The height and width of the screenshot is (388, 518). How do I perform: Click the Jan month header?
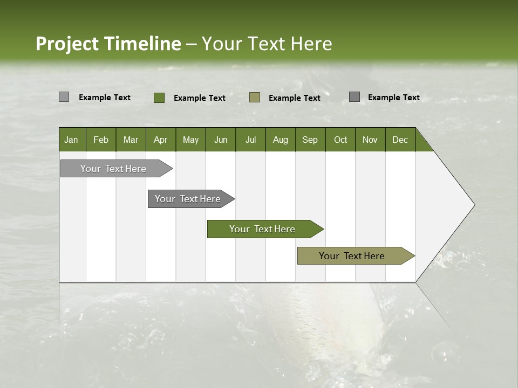(x=71, y=140)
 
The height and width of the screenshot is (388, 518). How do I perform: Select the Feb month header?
(x=101, y=140)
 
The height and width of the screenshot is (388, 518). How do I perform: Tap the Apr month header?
(x=160, y=140)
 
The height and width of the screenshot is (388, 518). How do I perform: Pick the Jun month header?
(x=221, y=140)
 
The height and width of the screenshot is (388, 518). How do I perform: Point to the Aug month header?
(x=280, y=140)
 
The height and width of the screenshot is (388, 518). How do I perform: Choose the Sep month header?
(x=310, y=140)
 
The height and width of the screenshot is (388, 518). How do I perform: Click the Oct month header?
(x=340, y=140)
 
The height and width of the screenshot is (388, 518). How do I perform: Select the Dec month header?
(x=400, y=140)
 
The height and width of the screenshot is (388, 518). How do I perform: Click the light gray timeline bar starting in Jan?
(x=113, y=169)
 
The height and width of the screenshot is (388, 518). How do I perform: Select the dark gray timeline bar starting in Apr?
(x=188, y=199)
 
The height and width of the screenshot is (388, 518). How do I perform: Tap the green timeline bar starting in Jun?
(x=262, y=229)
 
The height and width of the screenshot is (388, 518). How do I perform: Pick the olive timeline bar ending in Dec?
(x=352, y=256)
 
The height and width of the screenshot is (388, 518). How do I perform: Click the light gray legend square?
(x=64, y=97)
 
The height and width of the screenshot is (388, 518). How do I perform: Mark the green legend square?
(x=159, y=98)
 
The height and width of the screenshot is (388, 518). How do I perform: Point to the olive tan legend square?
(x=255, y=97)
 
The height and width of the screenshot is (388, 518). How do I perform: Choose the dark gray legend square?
(x=355, y=97)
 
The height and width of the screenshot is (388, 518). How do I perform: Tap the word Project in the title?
(x=67, y=44)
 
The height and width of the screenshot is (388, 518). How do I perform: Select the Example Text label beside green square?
(x=200, y=98)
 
